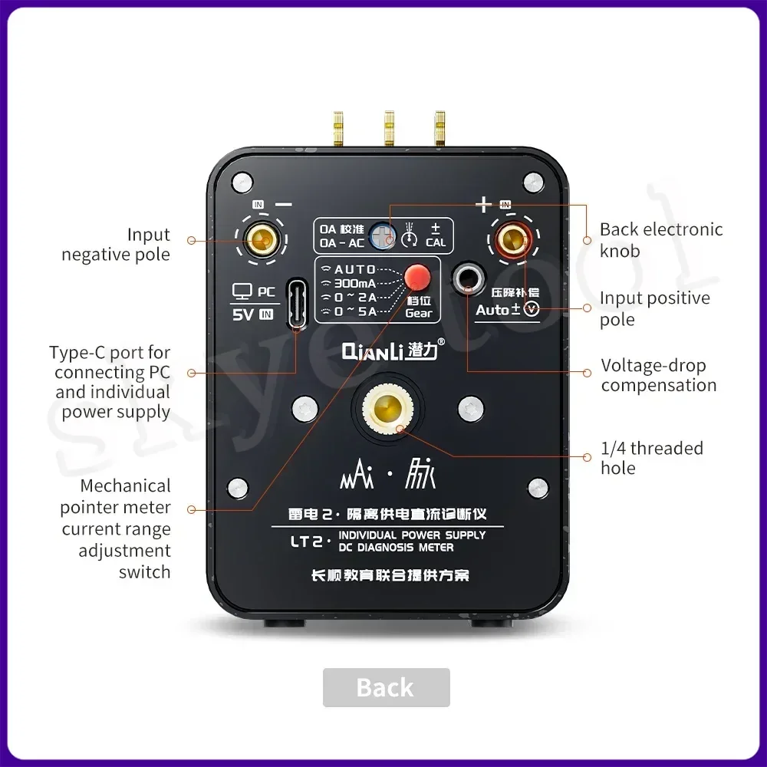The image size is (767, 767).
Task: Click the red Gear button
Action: coord(416,276)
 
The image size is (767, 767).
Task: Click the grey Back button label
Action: coord(385,687)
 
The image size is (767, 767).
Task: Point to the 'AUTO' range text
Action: coord(355,270)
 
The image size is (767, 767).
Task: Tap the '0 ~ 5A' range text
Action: coord(355,311)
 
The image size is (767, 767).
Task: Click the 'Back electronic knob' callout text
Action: coord(660,240)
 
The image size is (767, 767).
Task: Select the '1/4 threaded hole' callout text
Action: coord(652,458)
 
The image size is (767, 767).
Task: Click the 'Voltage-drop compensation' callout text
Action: coord(658,376)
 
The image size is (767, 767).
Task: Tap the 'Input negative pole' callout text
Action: coord(116,245)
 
